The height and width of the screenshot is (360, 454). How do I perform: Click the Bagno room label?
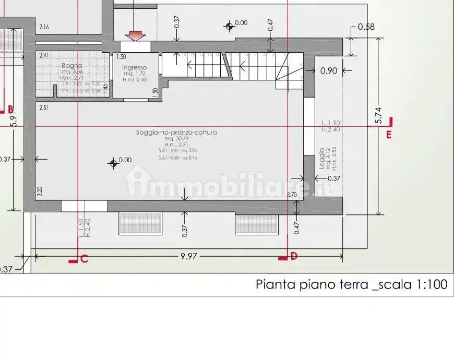[x=72, y=66]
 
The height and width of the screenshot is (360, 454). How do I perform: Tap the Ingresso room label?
[x=134, y=67]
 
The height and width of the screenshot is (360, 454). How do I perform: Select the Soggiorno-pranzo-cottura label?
[x=176, y=133]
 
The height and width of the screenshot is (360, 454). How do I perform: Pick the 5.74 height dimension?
[x=379, y=116]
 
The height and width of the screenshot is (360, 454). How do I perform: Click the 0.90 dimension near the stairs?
[x=329, y=71]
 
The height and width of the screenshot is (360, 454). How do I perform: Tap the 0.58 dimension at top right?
[x=366, y=27]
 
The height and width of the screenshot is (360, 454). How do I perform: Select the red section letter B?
[x=10, y=110]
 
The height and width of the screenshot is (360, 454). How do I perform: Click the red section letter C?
[x=84, y=258]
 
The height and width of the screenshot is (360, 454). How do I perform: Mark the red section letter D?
[x=294, y=256]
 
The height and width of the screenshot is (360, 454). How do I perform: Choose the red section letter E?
[x=389, y=135]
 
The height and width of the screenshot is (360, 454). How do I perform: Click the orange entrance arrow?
[x=135, y=35]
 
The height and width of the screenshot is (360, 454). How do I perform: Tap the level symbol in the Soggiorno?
[x=113, y=163]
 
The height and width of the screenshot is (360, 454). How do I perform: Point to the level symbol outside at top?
[x=229, y=25]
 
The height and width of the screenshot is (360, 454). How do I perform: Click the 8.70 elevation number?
[x=292, y=195]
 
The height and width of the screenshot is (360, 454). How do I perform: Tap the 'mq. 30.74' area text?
[x=176, y=139]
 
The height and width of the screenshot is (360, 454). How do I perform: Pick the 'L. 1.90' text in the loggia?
[x=331, y=124]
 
